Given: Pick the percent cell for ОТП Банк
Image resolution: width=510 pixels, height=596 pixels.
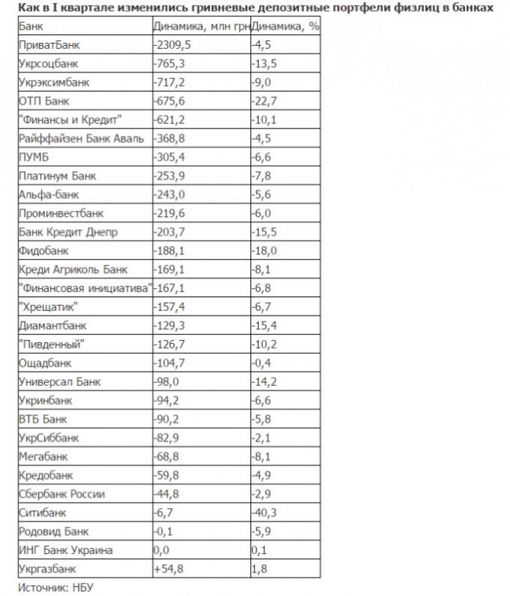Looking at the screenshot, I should coord(263,101).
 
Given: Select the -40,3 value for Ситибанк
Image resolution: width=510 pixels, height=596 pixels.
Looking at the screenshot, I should coord(263,513).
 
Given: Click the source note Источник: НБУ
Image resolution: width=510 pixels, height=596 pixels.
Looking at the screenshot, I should coord(53,588).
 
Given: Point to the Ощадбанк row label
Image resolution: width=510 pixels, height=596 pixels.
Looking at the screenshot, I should coord(46,363).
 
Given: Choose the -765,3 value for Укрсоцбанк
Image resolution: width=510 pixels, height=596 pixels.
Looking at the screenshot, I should coord(169,63).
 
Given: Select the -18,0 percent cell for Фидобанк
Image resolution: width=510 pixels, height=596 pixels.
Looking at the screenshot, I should coord(263,251).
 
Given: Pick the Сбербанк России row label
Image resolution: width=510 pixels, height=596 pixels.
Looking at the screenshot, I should coord(62,494).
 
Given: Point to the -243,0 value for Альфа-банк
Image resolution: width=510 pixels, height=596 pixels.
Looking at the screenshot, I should coord(169,195).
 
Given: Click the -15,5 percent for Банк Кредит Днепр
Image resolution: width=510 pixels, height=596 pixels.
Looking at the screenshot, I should coord(263,232).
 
